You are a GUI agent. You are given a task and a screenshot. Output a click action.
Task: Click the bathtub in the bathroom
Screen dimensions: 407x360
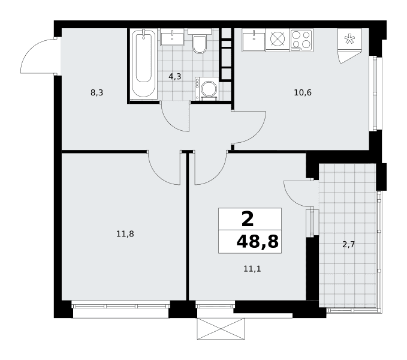(x=143, y=64)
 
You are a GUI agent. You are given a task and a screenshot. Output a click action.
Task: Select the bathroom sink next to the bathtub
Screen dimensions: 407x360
(x=172, y=37)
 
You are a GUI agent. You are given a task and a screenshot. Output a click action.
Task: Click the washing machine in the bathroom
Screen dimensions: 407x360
(x=207, y=88)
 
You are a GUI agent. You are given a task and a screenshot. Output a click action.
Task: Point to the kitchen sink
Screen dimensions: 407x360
(x=254, y=40)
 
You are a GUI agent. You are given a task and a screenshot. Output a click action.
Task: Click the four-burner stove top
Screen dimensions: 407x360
(x=301, y=40)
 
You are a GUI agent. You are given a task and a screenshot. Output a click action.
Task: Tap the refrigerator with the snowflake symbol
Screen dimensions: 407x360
(x=349, y=46)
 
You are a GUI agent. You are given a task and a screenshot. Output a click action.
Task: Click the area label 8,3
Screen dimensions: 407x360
(x=97, y=92)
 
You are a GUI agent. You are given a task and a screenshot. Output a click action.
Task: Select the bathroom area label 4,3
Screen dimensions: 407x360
(x=174, y=77)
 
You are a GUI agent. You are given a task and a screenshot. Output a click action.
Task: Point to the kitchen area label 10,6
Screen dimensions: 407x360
(x=303, y=92)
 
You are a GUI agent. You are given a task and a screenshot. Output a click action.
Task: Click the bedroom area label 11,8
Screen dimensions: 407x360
(x=125, y=234)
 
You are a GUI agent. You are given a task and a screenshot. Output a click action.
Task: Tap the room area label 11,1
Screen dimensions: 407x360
(x=252, y=269)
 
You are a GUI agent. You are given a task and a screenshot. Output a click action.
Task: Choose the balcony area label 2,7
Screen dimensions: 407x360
(x=349, y=244)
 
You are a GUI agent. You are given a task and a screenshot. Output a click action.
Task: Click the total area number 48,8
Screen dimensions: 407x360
(x=258, y=242)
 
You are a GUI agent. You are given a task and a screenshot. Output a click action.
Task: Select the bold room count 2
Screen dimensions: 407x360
(x=248, y=219)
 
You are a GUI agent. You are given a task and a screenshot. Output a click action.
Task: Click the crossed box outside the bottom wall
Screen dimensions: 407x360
(x=221, y=329)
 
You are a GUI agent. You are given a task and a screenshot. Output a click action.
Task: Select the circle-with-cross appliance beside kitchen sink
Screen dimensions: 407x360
(x=278, y=39)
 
